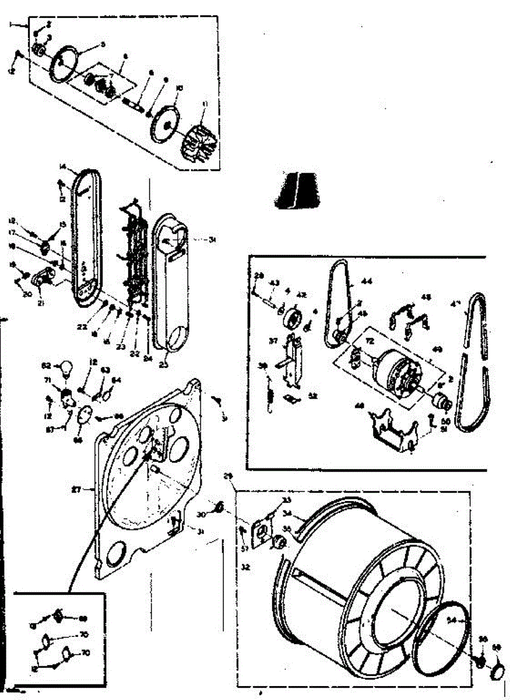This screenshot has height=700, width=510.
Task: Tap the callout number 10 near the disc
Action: (179, 88)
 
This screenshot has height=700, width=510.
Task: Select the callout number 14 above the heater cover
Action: (62, 167)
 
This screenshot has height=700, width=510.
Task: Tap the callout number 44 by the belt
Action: (367, 282)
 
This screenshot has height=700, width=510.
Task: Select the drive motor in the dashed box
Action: (396, 367)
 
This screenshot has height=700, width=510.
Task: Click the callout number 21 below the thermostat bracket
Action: (41, 303)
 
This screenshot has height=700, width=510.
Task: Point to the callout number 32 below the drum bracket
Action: (245, 566)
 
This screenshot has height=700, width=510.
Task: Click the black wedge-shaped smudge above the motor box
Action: (297, 190)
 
